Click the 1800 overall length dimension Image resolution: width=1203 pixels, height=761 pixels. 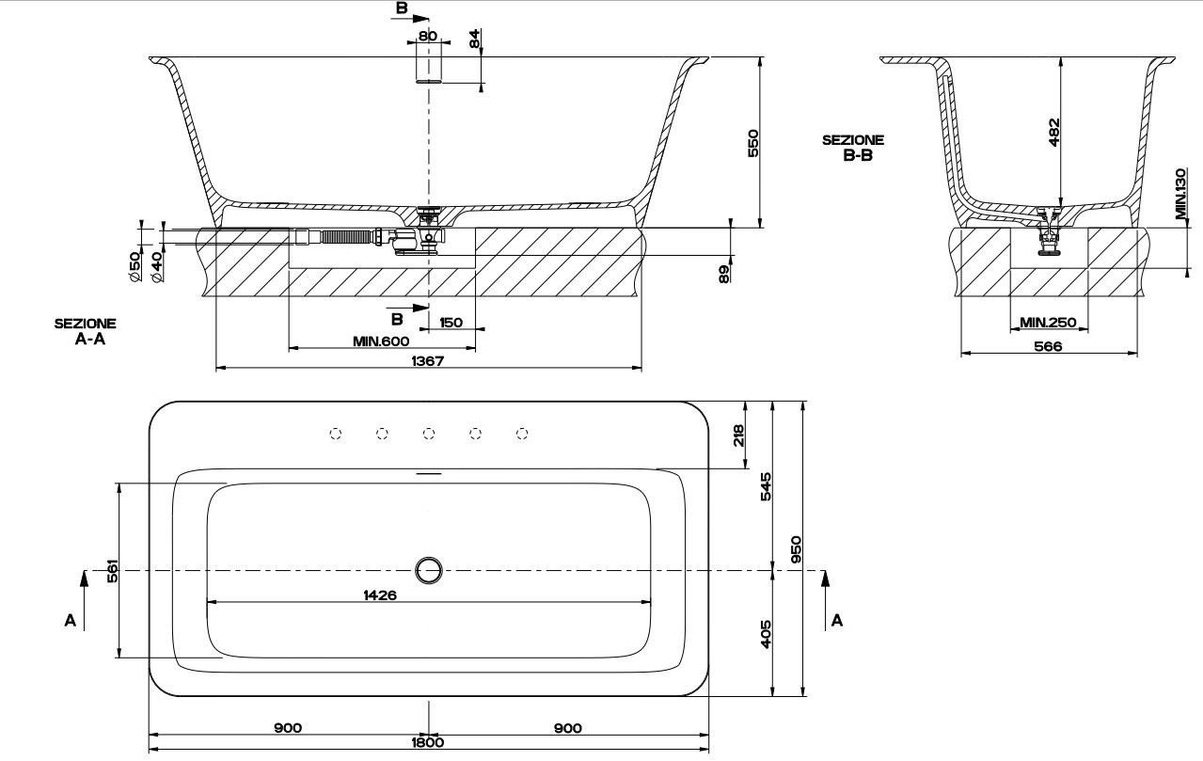[x=427, y=742]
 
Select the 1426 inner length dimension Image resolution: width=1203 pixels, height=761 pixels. [x=379, y=595]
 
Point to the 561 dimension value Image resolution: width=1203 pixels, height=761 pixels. [x=112, y=571]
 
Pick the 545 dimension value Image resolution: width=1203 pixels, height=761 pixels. [x=766, y=486]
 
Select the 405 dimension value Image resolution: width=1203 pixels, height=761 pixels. [x=766, y=634]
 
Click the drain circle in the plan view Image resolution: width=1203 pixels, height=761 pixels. [x=429, y=569]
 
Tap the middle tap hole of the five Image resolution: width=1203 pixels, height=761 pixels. [x=429, y=434]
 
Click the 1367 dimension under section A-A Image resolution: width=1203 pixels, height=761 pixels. [x=427, y=360]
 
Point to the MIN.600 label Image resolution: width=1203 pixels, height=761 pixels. [x=381, y=341]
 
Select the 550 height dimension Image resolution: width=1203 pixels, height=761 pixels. [x=752, y=143]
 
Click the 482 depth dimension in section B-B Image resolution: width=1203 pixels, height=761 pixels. [x=1053, y=133]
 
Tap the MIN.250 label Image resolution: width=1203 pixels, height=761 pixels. [x=1048, y=323]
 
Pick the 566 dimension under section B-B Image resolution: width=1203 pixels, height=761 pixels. [x=1047, y=346]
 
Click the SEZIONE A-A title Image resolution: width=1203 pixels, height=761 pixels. [x=85, y=331]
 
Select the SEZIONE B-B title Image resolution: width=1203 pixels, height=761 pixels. [x=853, y=148]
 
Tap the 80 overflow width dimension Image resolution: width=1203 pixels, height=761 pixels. [x=428, y=36]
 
